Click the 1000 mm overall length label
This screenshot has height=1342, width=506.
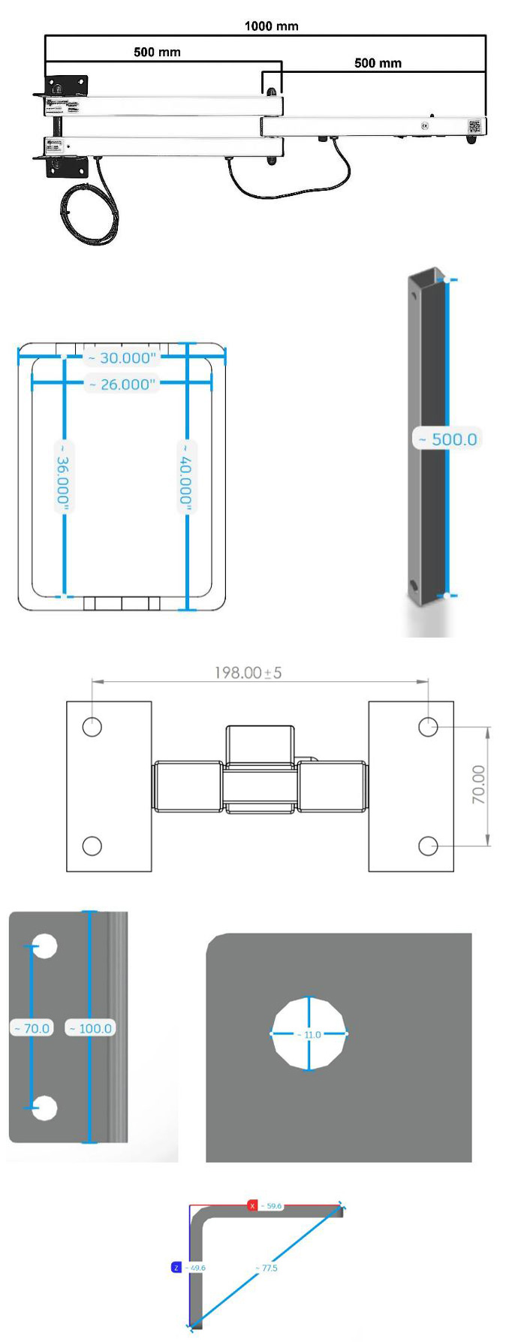[x=271, y=26]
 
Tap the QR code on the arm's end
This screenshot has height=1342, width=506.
[x=474, y=126]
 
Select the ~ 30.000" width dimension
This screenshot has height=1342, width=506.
[x=122, y=358]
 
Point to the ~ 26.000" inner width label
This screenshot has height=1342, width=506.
[x=122, y=385]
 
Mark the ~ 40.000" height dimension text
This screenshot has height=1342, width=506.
[x=186, y=477]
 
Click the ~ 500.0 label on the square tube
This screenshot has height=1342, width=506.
[x=447, y=439]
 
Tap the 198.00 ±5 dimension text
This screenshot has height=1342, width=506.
[x=248, y=673]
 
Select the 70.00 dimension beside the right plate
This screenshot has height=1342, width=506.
[x=478, y=785]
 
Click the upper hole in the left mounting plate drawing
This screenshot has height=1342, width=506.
[x=92, y=727]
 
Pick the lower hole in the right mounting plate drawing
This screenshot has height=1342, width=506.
[x=428, y=846]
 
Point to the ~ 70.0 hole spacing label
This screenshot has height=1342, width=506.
[x=32, y=1028]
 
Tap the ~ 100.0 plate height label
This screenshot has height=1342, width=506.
[x=91, y=1028]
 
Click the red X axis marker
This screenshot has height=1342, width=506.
[x=253, y=1206]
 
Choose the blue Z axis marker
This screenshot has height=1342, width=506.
[x=176, y=1268]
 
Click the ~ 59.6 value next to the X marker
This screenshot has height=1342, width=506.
[x=272, y=1206]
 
